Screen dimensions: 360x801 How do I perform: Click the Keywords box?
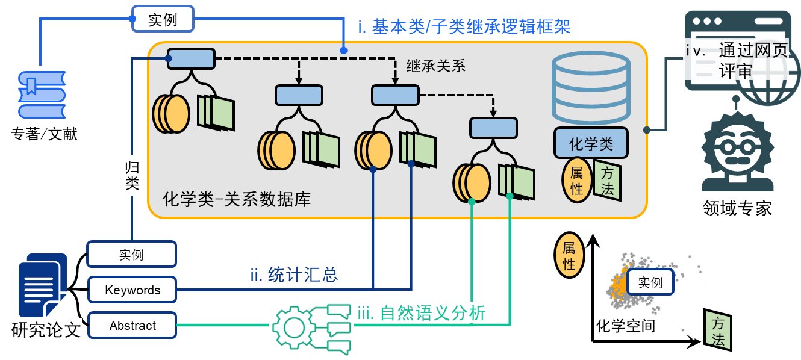(132, 290)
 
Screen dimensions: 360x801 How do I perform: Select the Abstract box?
(132, 326)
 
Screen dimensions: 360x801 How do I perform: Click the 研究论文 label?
(46, 330)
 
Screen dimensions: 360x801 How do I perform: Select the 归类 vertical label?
(132, 175)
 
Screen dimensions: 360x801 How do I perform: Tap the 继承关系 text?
(436, 66)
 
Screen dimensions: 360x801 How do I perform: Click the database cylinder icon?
(591, 88)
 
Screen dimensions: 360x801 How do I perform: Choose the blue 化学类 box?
(591, 143)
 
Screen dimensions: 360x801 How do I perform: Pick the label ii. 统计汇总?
(295, 275)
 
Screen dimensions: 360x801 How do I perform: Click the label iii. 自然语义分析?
(422, 313)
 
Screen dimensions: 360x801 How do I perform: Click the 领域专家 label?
(737, 208)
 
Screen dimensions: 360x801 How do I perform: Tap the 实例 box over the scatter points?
(650, 282)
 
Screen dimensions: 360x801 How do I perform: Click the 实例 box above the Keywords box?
(132, 255)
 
